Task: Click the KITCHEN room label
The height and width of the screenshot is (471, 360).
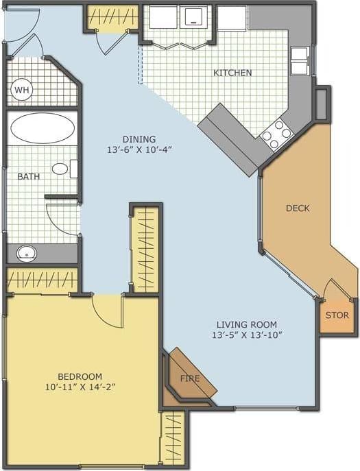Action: click(232, 73)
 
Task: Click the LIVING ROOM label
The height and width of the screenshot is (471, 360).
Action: click(246, 324)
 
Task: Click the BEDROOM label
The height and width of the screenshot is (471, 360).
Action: click(80, 376)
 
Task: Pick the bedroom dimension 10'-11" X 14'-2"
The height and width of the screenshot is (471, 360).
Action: click(80, 387)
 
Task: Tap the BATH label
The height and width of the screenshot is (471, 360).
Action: click(28, 176)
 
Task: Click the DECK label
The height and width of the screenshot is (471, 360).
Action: click(298, 208)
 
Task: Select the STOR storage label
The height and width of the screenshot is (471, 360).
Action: click(337, 315)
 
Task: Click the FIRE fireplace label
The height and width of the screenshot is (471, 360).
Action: click(190, 378)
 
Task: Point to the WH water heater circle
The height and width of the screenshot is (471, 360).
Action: click(21, 90)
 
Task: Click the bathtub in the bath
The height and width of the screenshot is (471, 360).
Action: click(43, 128)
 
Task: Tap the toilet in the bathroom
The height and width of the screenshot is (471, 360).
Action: click(62, 168)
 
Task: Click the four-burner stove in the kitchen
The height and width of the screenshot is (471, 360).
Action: click(275, 134)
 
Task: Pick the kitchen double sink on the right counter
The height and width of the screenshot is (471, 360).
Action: click(300, 60)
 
